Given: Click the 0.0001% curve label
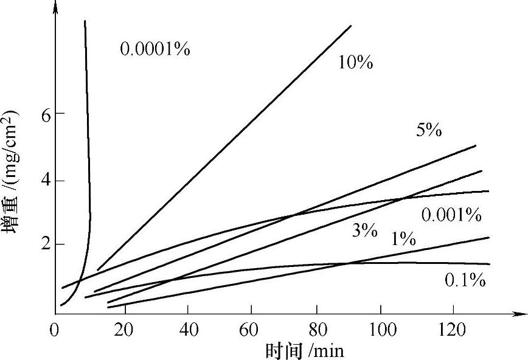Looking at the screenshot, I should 155,49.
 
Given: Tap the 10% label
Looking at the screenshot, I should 356,62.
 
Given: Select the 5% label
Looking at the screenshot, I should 429,130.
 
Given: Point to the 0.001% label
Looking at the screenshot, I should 451,215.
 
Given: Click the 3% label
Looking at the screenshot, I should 364,230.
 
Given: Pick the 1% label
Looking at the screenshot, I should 403,240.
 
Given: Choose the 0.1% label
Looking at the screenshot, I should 465,280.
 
